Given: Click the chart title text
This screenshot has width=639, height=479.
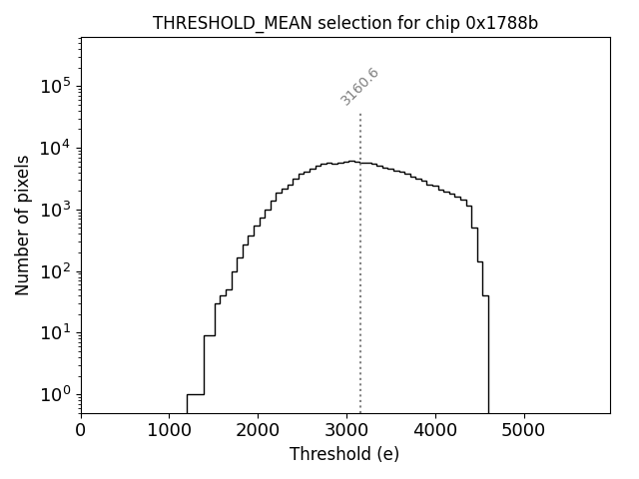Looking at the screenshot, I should pos(344,23).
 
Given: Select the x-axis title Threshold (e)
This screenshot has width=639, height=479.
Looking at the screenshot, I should pos(344,454).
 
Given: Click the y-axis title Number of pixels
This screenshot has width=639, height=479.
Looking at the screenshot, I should pos(23,226).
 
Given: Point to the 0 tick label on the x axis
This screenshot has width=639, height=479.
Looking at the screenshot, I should pos(81,430).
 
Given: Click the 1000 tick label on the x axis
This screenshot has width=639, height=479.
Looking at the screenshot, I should pos(170,430).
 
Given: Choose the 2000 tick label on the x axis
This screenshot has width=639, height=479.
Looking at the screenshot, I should pos(258,430).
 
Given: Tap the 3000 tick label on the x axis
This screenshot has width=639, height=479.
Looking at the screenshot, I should pos(346,430).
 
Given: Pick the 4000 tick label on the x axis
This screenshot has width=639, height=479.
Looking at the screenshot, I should pos(435,430).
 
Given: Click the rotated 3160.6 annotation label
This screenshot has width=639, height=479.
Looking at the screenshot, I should pos(359,87).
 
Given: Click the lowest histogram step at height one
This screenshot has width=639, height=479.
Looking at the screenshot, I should pos(195,394).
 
